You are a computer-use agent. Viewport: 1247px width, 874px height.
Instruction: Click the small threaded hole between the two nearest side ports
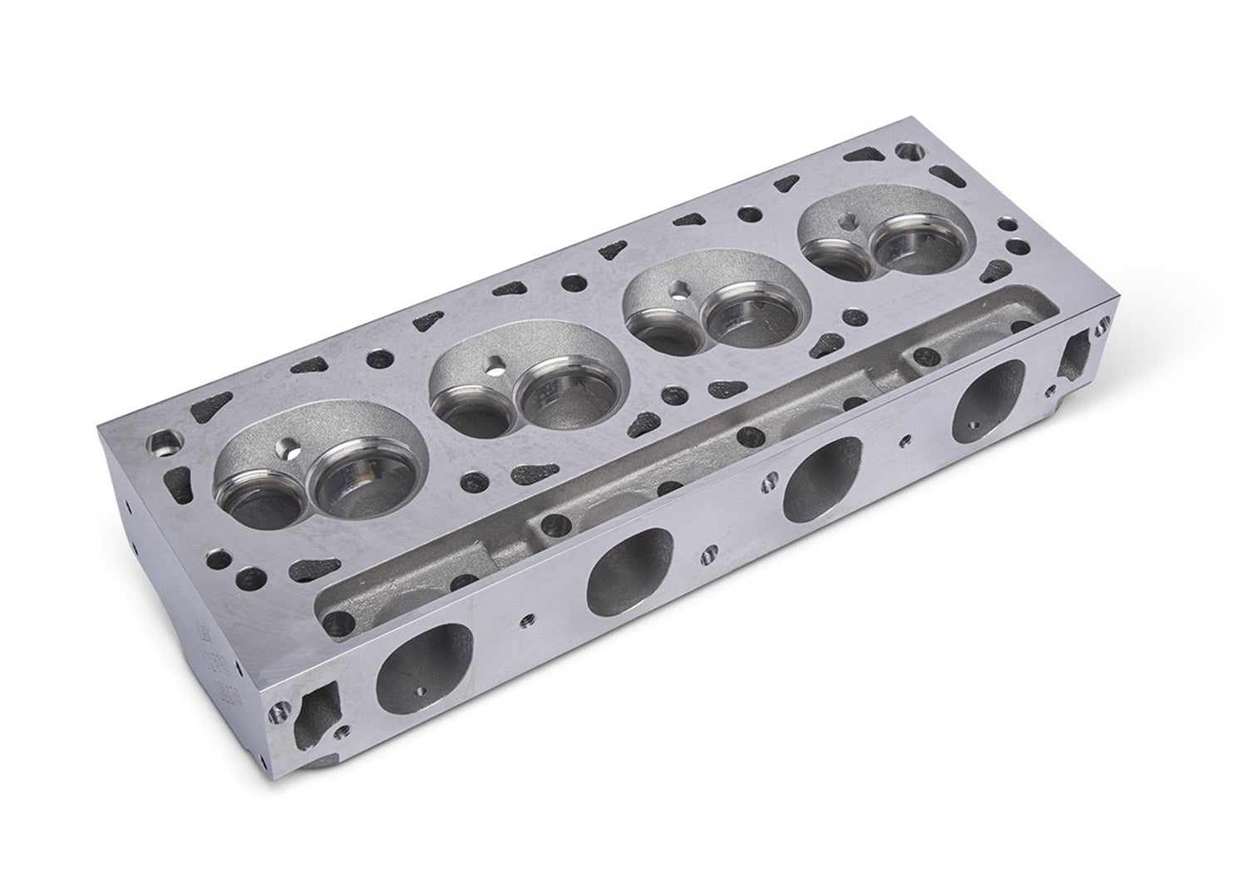(525, 620)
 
